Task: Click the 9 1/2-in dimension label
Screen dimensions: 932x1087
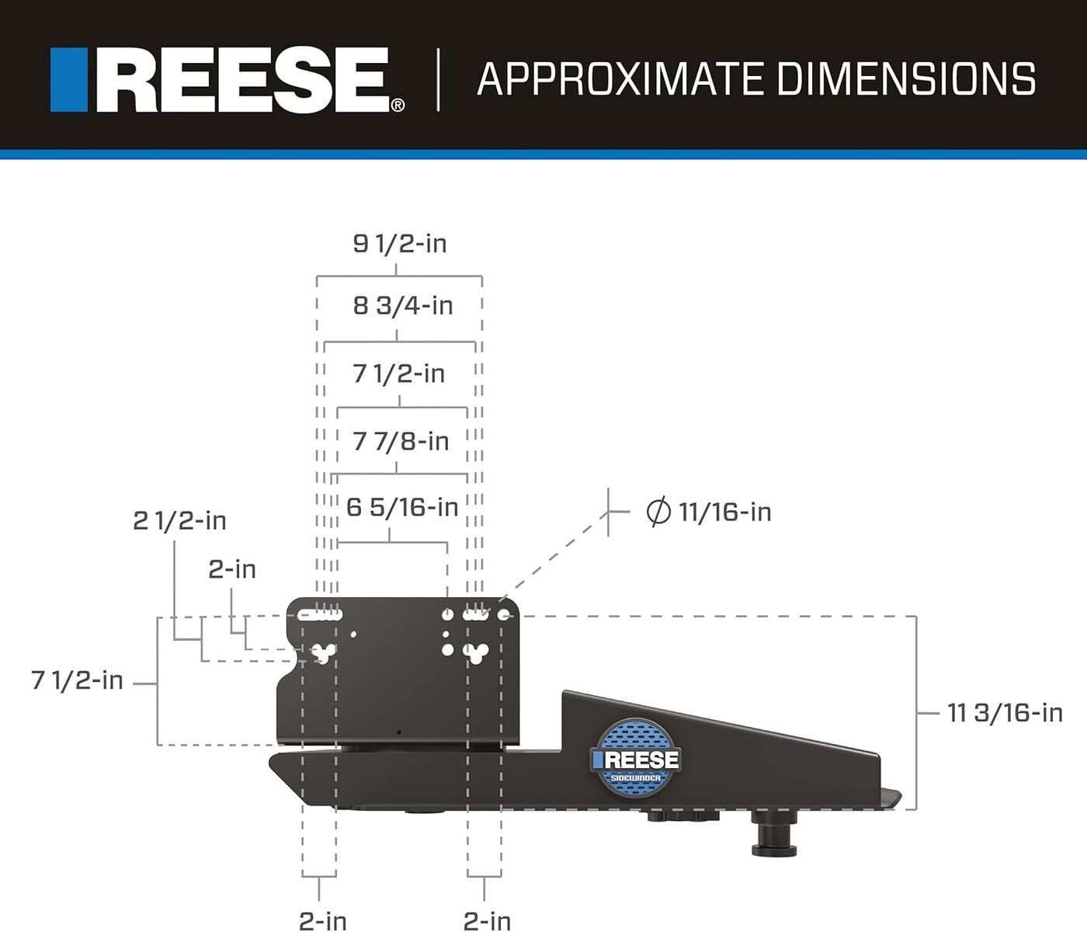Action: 400,244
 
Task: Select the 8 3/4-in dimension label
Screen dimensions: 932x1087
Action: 403,306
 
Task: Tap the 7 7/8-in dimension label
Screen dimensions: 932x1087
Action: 401,442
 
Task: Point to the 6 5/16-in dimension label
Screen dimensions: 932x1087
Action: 402,508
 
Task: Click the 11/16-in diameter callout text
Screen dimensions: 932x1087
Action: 724,513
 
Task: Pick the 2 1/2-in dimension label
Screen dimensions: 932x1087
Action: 179,521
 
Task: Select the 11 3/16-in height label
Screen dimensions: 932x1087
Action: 1005,713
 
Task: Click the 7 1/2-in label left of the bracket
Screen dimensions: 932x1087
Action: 77,681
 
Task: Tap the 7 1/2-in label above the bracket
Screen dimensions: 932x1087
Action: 399,374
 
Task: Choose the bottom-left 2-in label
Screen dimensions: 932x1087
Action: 323,921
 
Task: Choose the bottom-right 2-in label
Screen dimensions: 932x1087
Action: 487,921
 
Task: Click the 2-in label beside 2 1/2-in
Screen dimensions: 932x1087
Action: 232,570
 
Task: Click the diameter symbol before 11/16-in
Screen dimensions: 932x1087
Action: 658,513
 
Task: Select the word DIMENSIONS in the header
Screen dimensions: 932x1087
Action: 905,79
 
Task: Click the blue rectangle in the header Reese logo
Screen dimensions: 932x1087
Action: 68,80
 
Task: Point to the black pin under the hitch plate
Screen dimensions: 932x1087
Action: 774,836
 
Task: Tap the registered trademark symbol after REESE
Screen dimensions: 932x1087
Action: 398,105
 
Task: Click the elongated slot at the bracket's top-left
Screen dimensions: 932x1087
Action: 320,615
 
